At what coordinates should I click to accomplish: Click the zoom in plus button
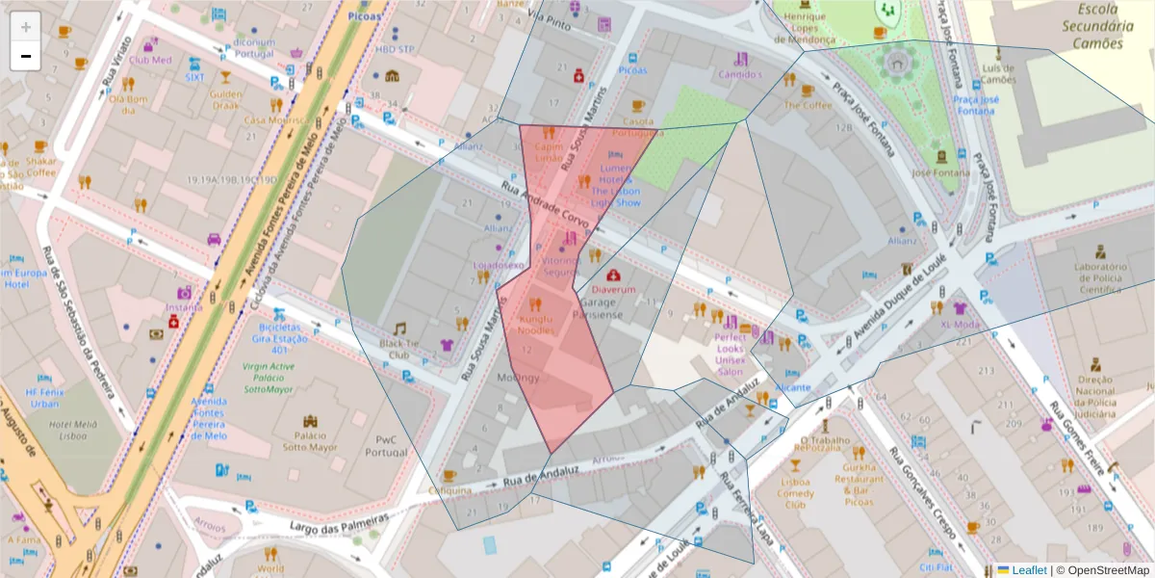(25, 27)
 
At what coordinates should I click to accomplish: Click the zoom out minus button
(25, 56)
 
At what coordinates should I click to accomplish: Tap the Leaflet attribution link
(1028, 569)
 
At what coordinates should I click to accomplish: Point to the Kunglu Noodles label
(536, 325)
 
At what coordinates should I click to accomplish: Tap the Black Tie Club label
(399, 349)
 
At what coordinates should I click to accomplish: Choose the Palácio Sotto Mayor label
(309, 441)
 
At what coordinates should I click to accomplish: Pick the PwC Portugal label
(388, 447)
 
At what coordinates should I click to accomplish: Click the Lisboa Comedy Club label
(795, 493)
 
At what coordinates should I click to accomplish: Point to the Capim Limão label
(548, 152)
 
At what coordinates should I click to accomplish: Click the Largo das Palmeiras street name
(339, 525)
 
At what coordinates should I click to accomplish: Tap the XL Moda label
(960, 325)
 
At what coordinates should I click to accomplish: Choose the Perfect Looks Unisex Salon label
(731, 355)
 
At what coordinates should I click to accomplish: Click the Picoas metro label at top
(367, 16)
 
